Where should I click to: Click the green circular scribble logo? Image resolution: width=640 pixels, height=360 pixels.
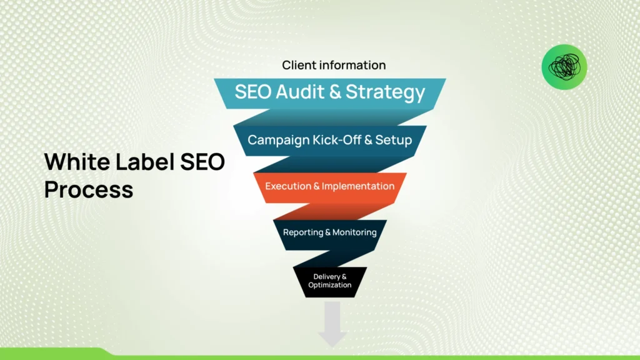[564, 67]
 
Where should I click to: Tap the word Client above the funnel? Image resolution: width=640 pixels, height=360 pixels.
[299, 65]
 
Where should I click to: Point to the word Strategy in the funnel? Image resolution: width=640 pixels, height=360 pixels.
[385, 92]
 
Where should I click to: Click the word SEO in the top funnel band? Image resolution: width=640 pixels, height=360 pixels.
[253, 92]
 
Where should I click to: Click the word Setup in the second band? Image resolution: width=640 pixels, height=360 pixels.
[396, 139]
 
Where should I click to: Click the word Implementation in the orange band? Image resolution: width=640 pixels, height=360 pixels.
[359, 186]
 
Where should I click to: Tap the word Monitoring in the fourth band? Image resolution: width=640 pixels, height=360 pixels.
[354, 232]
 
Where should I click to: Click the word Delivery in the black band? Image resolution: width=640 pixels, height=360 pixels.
[326, 276]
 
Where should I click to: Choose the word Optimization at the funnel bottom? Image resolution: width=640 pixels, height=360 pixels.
[330, 285]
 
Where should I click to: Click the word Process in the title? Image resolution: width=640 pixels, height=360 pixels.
[89, 189]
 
